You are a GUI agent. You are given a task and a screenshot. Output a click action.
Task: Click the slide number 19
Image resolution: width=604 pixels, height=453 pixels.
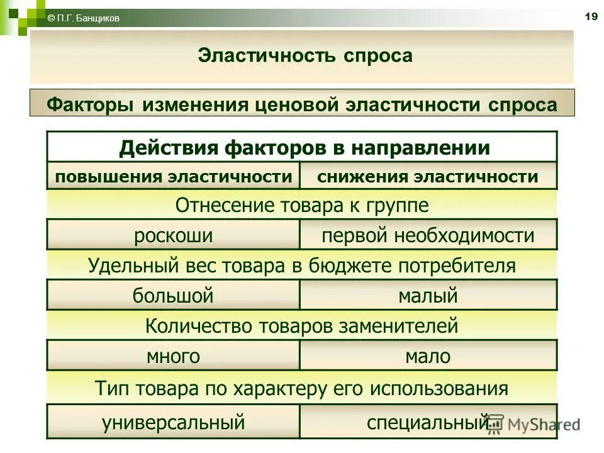tap(591, 17)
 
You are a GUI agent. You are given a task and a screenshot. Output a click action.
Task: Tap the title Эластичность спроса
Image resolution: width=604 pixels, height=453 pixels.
tap(305, 55)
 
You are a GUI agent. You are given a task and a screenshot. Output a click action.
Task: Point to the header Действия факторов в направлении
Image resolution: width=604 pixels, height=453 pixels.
tap(305, 148)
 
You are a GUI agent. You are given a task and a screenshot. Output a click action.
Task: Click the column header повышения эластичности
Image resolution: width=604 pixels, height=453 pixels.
tap(174, 176)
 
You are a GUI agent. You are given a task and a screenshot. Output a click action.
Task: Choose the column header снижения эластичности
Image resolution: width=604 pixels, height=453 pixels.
tap(428, 176)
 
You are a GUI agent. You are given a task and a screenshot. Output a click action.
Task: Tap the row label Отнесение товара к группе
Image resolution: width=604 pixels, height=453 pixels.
tap(302, 205)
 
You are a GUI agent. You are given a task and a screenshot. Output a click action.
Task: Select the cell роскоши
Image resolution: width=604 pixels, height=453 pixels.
tap(173, 236)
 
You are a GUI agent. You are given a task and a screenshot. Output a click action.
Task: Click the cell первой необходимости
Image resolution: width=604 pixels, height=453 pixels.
tap(428, 236)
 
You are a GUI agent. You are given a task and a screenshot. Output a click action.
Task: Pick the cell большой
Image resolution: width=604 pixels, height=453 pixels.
tap(173, 296)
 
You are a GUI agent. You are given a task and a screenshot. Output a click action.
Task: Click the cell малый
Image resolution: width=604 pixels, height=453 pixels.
tap(428, 296)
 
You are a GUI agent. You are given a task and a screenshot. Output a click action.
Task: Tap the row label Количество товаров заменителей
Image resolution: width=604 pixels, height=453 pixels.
tap(302, 326)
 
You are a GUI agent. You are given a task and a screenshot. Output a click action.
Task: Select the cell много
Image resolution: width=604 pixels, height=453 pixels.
tap(173, 357)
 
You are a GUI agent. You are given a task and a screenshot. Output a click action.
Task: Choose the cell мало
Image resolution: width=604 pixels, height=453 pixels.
tap(428, 357)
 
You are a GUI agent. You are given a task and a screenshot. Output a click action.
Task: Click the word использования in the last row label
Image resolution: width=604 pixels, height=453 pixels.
tap(439, 388)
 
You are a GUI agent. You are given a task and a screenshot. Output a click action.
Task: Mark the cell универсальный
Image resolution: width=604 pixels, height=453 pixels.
tap(173, 422)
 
